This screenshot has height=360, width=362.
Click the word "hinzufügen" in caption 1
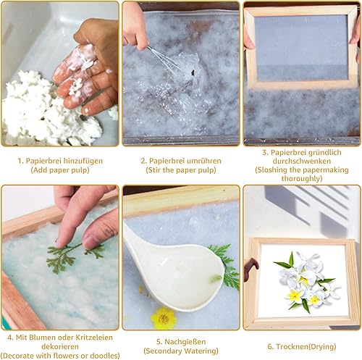click(x=83, y=161)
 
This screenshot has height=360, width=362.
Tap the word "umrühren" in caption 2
click(x=204, y=161)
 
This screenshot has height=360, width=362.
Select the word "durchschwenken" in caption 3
click(x=302, y=161)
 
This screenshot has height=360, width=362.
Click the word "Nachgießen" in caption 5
click(x=185, y=342)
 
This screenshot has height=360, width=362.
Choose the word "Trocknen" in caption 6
click(x=289, y=347)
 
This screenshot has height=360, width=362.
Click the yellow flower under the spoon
click(x=163, y=318)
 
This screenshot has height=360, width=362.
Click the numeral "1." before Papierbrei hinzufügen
click(x=21, y=161)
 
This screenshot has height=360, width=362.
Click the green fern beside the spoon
click(x=227, y=266)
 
